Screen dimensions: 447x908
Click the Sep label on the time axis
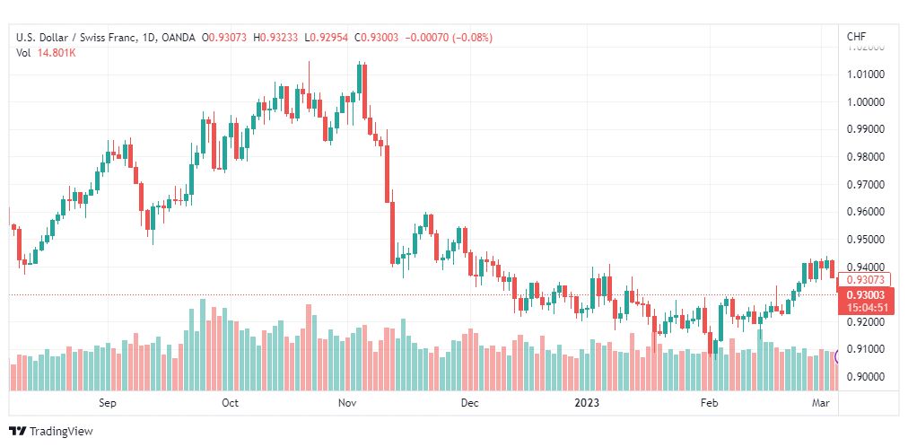pos(108,403)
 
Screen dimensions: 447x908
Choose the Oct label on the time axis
pos(230,403)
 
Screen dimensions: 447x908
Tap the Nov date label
pos(349,403)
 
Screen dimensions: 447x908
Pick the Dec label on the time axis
pos(469,403)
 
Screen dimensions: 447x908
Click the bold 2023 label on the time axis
pos(589,403)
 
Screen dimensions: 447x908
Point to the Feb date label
pos(710,403)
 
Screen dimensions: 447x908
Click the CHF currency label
pos(856,37)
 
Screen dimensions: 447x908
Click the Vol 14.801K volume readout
pos(46,53)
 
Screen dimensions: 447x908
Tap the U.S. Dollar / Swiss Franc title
pos(82,38)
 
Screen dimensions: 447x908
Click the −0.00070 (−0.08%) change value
pos(450,38)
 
